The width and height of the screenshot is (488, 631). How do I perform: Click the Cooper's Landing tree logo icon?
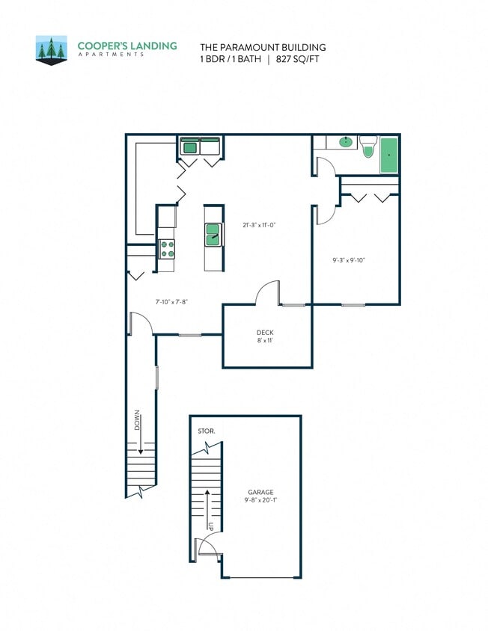52,49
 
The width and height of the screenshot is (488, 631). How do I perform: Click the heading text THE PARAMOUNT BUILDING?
262,47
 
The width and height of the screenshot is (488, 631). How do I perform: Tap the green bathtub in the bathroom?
388,156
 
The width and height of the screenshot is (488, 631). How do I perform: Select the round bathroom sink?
346,141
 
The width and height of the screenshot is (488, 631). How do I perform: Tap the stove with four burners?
167,249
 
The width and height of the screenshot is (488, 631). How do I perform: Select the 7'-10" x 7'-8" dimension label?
171,302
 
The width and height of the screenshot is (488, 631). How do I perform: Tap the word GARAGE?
260,492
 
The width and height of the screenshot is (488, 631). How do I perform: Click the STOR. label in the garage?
206,431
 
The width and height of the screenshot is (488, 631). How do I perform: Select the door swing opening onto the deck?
267,293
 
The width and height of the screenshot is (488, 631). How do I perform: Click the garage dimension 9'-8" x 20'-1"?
260,501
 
